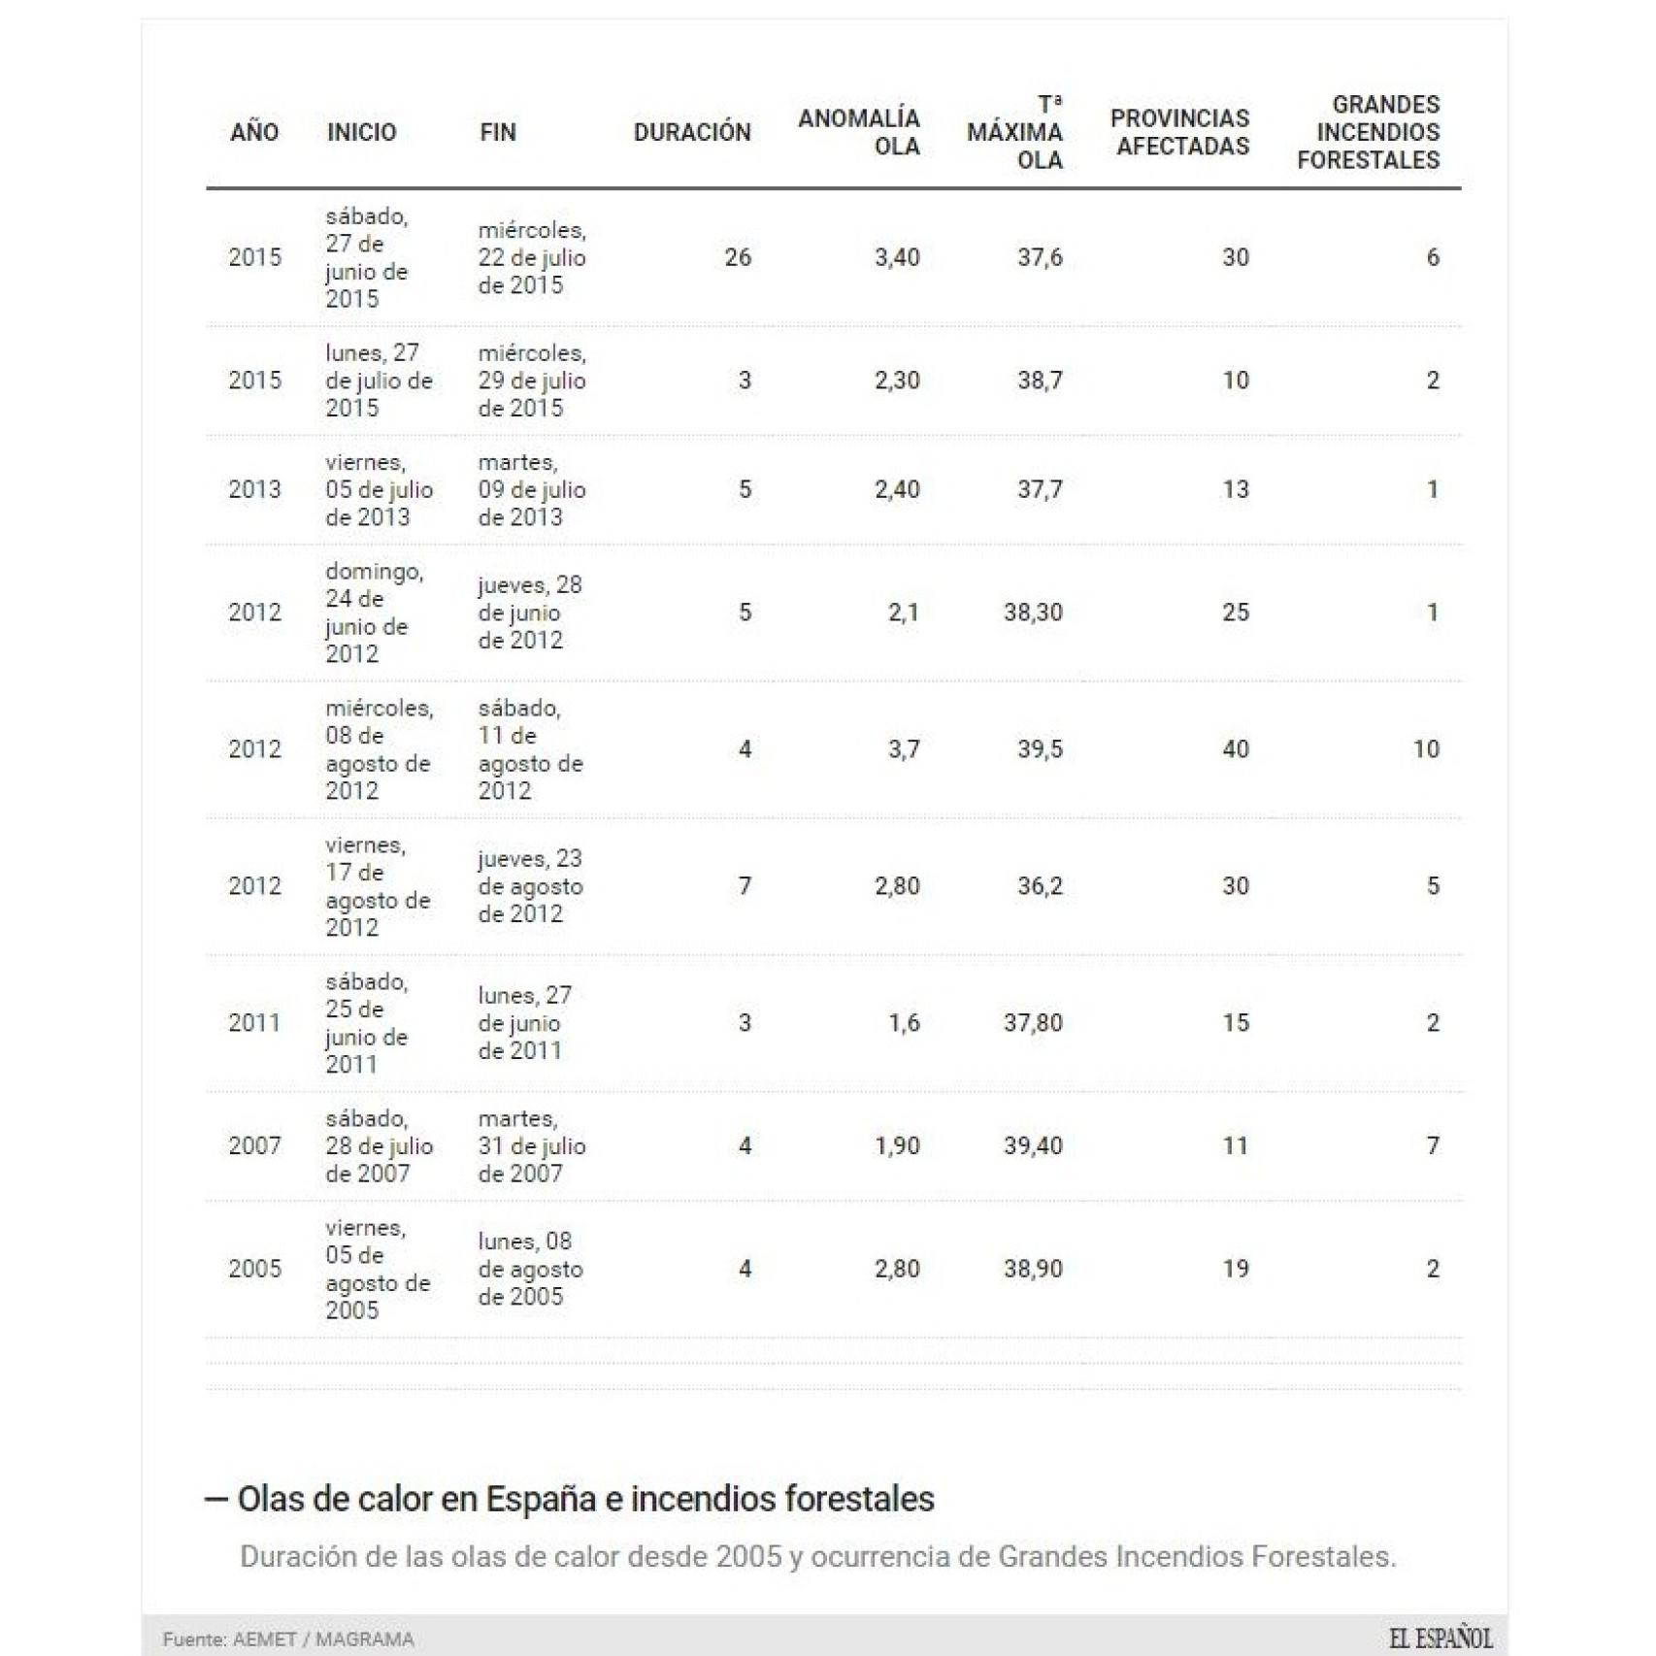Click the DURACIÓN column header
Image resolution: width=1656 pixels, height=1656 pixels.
pyautogui.click(x=691, y=132)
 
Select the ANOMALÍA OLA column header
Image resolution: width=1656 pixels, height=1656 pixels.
pyautogui.click(x=859, y=132)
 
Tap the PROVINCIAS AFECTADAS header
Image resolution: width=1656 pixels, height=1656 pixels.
pyautogui.click(x=1180, y=132)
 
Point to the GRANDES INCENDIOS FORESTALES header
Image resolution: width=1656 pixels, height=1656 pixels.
pyautogui.click(x=1369, y=132)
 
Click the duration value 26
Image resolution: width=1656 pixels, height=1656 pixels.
pyautogui.click(x=738, y=257)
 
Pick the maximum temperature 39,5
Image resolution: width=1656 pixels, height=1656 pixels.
pyautogui.click(x=1040, y=749)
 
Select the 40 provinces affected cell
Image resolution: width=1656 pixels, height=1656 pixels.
pyautogui.click(x=1235, y=749)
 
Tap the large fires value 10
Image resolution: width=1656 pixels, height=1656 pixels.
pyautogui.click(x=1425, y=749)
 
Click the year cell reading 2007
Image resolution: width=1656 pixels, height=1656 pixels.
pyautogui.click(x=254, y=1145)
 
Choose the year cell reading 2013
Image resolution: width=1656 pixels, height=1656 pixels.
pyautogui.click(x=254, y=489)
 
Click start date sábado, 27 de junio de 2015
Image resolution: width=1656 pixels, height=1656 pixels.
pyautogui.click(x=367, y=257)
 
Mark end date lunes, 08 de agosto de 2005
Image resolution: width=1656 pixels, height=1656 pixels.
pyautogui.click(x=530, y=1269)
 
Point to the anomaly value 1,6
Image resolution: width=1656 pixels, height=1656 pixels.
pyautogui.click(x=903, y=1022)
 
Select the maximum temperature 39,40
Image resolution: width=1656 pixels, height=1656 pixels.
pyautogui.click(x=1033, y=1145)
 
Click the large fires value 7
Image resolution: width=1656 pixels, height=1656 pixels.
pyautogui.click(x=1432, y=1145)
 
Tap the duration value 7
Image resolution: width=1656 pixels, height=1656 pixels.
pyautogui.click(x=745, y=885)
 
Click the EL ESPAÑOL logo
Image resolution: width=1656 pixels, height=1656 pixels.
pyautogui.click(x=1441, y=1639)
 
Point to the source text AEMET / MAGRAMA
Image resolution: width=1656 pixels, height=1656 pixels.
pyautogui.click(x=322, y=1639)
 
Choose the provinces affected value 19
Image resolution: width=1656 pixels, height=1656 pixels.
pyautogui.click(x=1235, y=1269)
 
